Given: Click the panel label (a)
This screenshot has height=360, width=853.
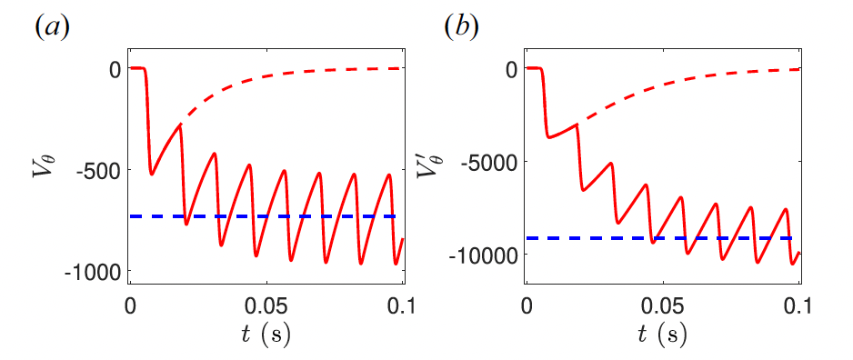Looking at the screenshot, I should tap(51, 26).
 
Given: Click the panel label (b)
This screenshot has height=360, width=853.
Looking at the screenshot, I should tap(459, 26).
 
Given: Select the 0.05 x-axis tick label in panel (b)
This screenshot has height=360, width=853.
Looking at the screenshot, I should tap(664, 304).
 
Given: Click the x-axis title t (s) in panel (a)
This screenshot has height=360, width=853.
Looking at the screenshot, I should tap(266, 335).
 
